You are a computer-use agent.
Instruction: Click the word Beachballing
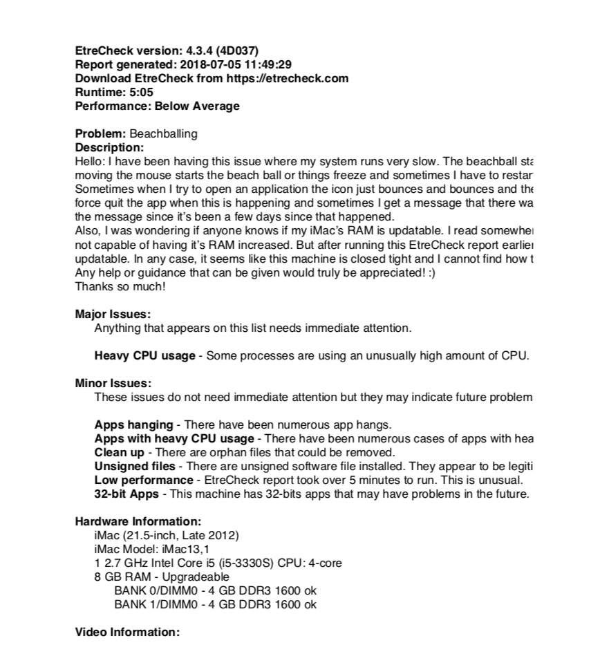(163, 133)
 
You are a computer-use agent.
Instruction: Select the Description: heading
(109, 147)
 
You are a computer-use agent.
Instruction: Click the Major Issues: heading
(113, 314)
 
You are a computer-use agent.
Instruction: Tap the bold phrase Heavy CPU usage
(144, 356)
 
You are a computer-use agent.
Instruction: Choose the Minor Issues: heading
(113, 383)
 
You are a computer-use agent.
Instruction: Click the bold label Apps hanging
(133, 424)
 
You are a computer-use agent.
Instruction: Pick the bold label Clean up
(120, 452)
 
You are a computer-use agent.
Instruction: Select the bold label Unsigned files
(135, 466)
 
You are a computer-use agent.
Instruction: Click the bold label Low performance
(144, 480)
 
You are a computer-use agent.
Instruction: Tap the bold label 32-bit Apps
(126, 494)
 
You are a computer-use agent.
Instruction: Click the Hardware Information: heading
(138, 521)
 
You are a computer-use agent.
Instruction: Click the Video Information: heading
(127, 632)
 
